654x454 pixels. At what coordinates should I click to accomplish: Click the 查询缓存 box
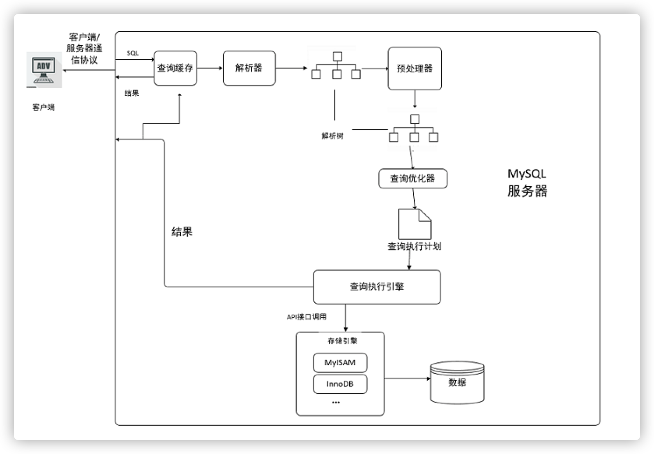[175, 68]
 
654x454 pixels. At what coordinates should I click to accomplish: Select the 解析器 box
[249, 68]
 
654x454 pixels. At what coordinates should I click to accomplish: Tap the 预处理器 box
[415, 69]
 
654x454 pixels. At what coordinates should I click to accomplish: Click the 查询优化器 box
[412, 179]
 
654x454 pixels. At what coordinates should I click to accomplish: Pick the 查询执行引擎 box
[377, 287]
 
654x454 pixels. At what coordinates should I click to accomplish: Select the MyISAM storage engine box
[340, 362]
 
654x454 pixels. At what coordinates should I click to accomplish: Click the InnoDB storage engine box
[340, 384]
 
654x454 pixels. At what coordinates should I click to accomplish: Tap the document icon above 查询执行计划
[414, 224]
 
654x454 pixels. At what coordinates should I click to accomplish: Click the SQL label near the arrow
[133, 53]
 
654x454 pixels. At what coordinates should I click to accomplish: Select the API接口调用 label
[306, 317]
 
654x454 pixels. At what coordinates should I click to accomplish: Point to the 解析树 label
[332, 136]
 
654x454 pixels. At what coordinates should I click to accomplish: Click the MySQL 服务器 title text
[527, 182]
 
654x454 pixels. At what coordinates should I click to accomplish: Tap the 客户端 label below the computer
[43, 107]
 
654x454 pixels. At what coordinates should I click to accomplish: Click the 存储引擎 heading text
[342, 341]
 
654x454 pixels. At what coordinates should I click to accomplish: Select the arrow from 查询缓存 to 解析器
[210, 68]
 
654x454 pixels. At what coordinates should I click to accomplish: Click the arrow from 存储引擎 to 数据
[407, 378]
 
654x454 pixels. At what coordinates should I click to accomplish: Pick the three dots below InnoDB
[336, 402]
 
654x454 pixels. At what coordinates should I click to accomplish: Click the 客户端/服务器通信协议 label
[84, 48]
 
